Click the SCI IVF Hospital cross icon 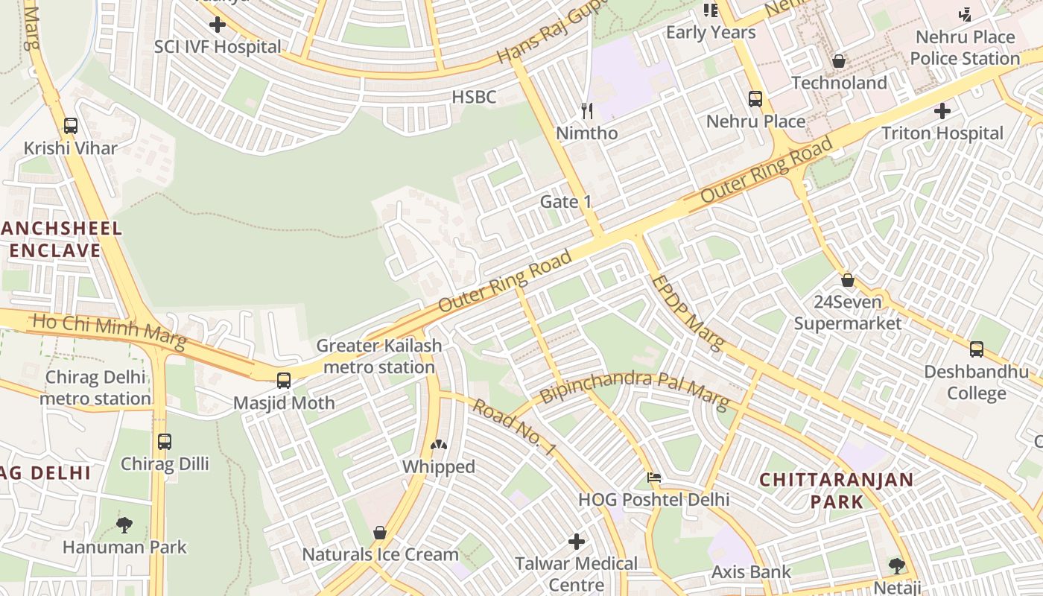218,25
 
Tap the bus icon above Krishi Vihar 71,126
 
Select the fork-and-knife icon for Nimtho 587,111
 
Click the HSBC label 474,97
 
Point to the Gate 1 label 565,202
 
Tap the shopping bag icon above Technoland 839,61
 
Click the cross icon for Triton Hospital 942,112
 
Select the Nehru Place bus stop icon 755,99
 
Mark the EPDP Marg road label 687,313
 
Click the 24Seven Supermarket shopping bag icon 847,281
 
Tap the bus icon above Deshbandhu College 976,349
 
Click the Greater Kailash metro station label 379,356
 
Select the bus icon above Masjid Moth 284,381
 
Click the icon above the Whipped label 439,446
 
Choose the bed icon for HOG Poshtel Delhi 654,478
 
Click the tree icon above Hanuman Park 124,525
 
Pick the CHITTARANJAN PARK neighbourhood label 836,489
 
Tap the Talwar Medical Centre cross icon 577,542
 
